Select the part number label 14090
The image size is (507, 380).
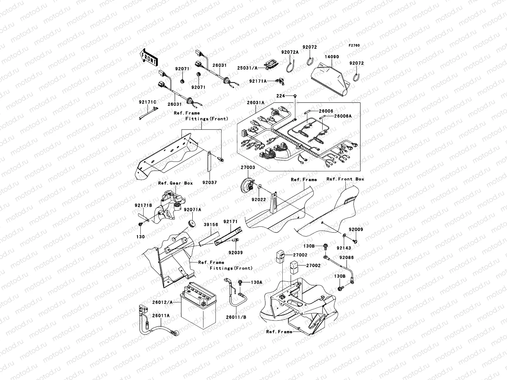coord(331,57)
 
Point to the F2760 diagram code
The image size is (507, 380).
coord(355,46)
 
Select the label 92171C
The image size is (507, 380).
coord(147,102)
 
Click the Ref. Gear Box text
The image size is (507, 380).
coord(176,183)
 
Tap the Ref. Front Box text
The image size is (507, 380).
coord(345,179)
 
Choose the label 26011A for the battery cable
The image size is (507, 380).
coord(161,315)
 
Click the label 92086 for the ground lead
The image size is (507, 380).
coord(347,258)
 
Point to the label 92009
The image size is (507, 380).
coord(356,229)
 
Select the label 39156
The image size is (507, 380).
coord(211,225)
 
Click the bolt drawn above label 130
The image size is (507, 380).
coord(140,225)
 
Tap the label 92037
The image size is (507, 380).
coord(210,183)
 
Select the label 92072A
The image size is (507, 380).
coord(290,52)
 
